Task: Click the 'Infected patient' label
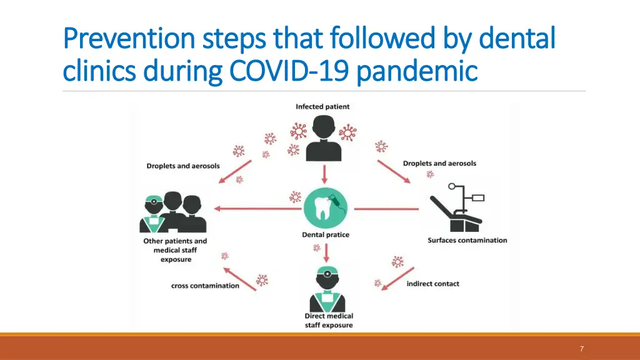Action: (x=322, y=107)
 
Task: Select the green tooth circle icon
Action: (x=326, y=208)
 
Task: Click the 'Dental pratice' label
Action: (x=326, y=235)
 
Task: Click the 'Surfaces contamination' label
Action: (x=467, y=240)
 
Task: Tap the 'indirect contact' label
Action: (x=432, y=284)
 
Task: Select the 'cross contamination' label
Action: (x=205, y=286)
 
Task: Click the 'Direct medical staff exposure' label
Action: (x=329, y=320)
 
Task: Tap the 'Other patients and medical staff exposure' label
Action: (x=175, y=250)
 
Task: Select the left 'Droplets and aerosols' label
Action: (x=183, y=166)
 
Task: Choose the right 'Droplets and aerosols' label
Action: (x=439, y=163)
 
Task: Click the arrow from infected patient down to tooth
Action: (x=324, y=174)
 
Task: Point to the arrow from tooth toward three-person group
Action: (x=256, y=209)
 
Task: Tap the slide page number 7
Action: (x=582, y=349)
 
